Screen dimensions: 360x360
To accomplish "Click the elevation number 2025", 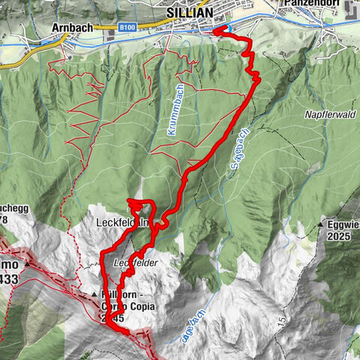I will coord(338,235).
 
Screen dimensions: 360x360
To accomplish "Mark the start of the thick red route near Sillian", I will coord(217,30).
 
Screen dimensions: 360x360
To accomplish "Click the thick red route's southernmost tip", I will coord(112,323).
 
